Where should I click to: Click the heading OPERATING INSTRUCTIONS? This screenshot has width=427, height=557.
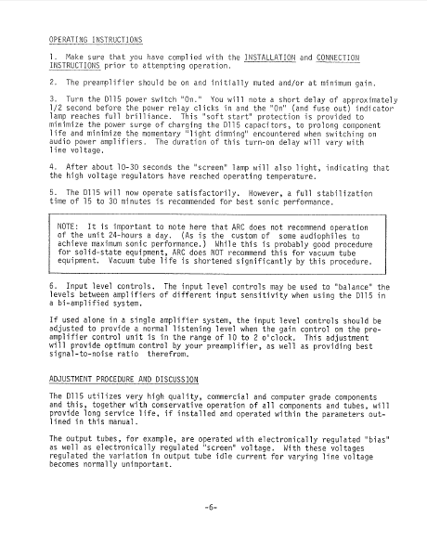click(x=96, y=40)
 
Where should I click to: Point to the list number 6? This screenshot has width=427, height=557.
click(x=52, y=287)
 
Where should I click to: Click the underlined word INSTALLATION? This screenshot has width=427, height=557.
click(x=280, y=58)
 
